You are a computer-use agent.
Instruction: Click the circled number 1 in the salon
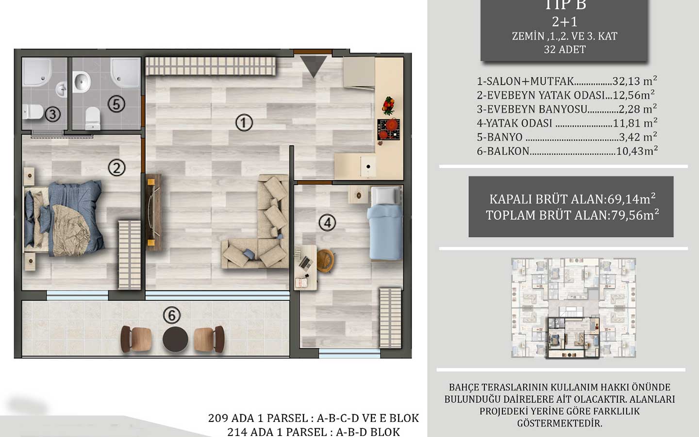(244, 122)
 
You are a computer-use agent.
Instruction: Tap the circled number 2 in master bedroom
(116, 168)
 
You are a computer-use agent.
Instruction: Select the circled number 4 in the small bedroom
(327, 223)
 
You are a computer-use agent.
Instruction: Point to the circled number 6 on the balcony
(171, 315)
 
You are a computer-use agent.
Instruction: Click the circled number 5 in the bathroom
(116, 103)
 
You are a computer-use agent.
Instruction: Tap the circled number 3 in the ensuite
(52, 115)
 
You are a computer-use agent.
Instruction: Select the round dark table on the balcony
(175, 338)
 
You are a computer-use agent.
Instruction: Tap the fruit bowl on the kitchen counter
(389, 105)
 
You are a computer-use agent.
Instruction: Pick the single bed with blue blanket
(386, 223)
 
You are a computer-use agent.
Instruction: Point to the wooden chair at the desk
(326, 261)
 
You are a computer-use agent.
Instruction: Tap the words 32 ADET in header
(565, 50)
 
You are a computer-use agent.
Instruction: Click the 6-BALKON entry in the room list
(503, 151)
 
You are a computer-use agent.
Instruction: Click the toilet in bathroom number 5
(92, 118)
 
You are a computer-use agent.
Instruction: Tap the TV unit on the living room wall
(154, 212)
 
